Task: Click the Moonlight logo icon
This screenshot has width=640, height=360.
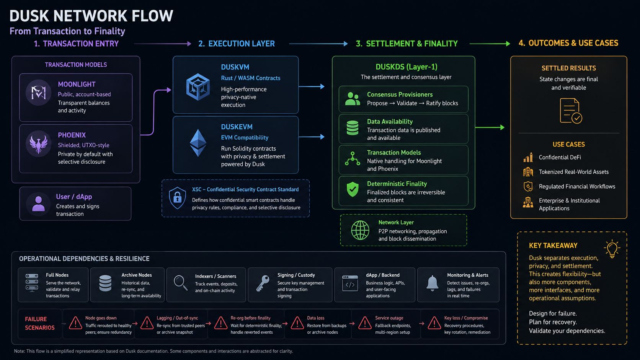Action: (x=39, y=93)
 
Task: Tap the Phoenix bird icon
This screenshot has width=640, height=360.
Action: (x=39, y=143)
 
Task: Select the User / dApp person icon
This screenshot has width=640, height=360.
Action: (x=38, y=204)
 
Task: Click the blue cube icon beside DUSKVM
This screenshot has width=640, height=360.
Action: (x=198, y=87)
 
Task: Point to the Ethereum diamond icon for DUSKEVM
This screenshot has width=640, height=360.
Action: (x=198, y=143)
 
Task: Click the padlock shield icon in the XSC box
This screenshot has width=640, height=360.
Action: (x=178, y=198)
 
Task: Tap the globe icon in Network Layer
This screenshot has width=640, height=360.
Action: (x=360, y=230)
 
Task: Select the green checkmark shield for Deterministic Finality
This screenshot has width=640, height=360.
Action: (x=353, y=189)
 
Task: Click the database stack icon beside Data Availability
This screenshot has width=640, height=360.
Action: (x=353, y=128)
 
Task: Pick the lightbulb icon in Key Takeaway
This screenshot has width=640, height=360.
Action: (x=612, y=249)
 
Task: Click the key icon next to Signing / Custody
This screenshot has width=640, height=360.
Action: (x=263, y=283)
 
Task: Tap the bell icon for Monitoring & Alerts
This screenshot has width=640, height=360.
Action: (x=432, y=283)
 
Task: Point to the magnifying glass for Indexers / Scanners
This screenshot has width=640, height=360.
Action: (x=181, y=283)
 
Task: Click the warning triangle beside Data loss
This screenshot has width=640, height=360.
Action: (x=297, y=323)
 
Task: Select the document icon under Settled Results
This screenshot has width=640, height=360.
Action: (x=571, y=111)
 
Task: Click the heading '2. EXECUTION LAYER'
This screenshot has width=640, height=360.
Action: (x=237, y=44)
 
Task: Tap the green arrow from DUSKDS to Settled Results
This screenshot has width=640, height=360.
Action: (x=490, y=127)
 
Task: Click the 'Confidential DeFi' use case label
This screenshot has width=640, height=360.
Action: (x=560, y=157)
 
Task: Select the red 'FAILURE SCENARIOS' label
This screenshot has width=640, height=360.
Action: (x=40, y=323)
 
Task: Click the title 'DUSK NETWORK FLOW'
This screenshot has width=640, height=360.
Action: (x=91, y=16)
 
